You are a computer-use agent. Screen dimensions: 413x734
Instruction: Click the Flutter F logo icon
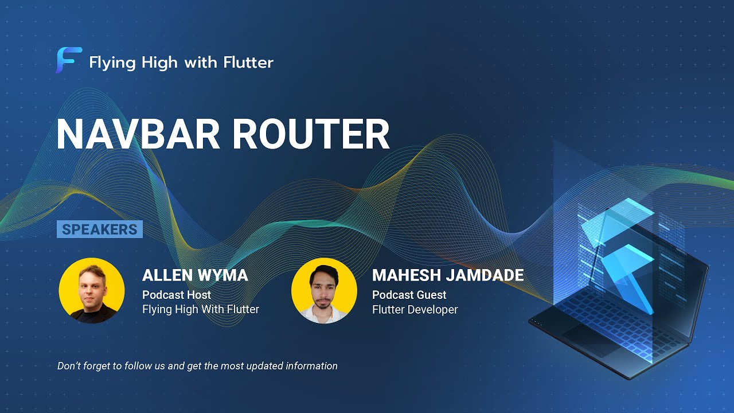click(68, 61)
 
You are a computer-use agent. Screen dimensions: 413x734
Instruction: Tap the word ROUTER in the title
click(311, 135)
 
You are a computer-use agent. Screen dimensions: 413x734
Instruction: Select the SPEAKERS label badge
click(100, 229)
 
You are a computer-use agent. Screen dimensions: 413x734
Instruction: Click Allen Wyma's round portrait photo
click(92, 290)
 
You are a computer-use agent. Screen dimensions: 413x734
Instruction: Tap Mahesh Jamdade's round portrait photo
click(324, 290)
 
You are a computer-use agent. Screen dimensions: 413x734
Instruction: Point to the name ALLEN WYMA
click(195, 275)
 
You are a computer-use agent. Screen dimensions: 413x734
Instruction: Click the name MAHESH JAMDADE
click(448, 275)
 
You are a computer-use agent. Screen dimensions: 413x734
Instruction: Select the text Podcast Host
click(177, 295)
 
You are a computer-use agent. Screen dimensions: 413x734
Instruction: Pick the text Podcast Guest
click(409, 295)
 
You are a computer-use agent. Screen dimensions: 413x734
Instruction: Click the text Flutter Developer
click(415, 310)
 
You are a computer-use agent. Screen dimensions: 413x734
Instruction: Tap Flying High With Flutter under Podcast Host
click(201, 310)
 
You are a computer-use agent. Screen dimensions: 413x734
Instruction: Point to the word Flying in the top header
click(109, 63)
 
